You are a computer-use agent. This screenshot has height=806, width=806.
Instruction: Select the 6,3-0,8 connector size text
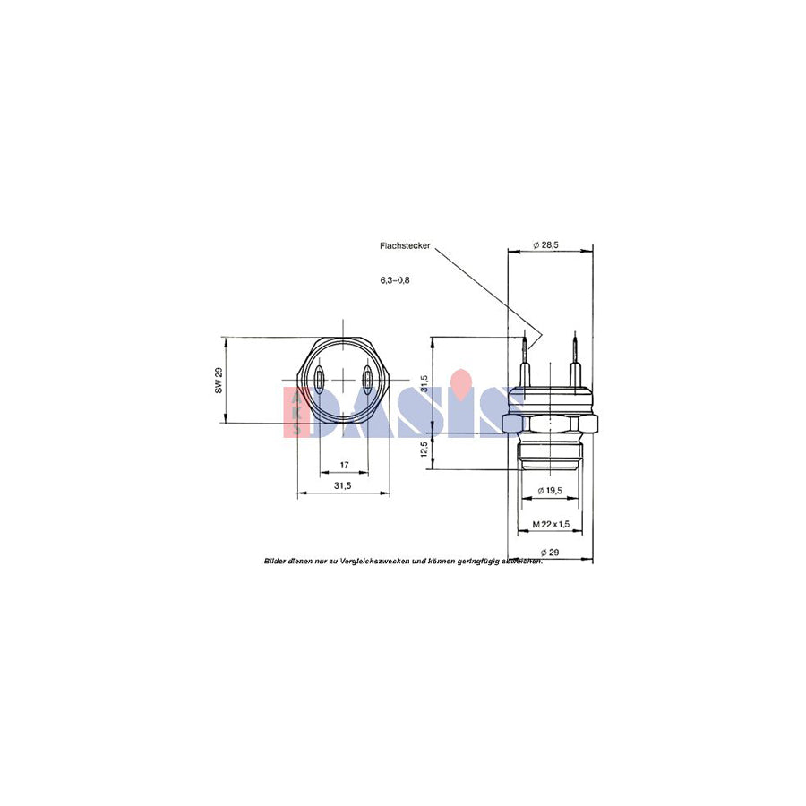click(x=394, y=280)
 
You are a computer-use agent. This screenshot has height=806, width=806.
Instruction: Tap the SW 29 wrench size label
click(x=218, y=380)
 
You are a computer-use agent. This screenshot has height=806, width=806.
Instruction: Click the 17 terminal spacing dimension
click(x=344, y=465)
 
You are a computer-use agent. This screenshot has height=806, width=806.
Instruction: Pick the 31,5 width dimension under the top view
click(x=342, y=485)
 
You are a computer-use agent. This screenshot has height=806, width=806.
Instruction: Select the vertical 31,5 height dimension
click(x=424, y=386)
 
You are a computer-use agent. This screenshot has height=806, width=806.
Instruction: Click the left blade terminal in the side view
click(x=526, y=363)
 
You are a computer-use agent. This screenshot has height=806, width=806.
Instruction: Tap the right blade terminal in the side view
click(x=574, y=363)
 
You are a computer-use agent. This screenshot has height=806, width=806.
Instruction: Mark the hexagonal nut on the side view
click(x=549, y=420)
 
